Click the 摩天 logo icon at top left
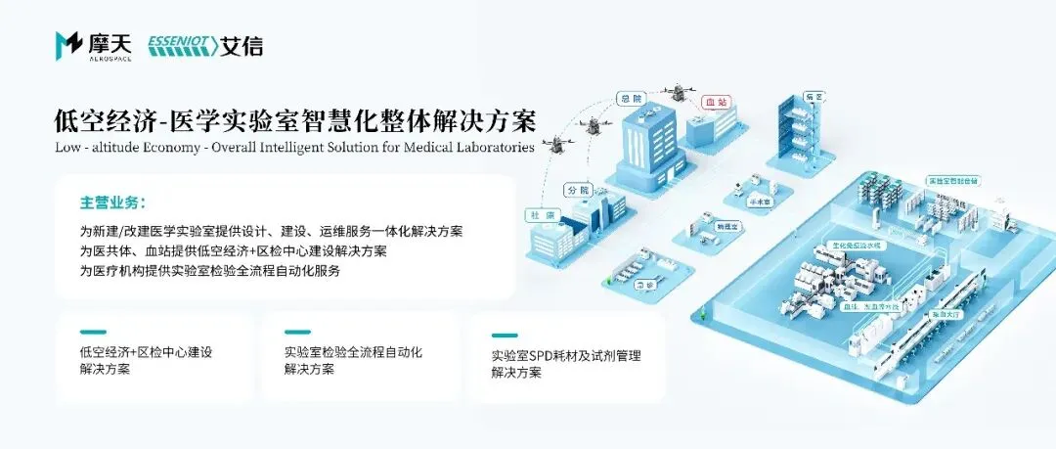click(x=69, y=44)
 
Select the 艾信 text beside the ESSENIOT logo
click(x=242, y=45)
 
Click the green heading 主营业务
click(x=111, y=203)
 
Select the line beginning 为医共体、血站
click(x=233, y=251)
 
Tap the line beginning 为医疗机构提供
click(x=210, y=271)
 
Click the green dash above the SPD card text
click(x=505, y=336)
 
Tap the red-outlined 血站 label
click(x=716, y=102)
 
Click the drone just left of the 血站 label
click(x=673, y=94)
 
